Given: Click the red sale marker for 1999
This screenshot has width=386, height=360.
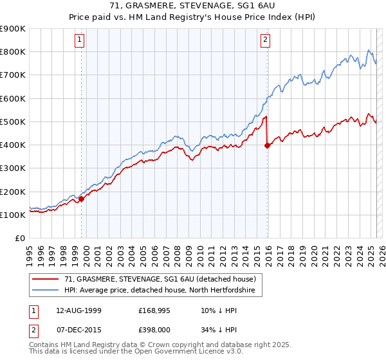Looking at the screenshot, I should tap(82, 199).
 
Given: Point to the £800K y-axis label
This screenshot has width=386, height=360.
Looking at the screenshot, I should tap(13, 52).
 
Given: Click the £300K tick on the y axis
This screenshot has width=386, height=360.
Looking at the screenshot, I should tap(13, 168).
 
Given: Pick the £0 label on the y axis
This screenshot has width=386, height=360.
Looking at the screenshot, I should tap(19, 239).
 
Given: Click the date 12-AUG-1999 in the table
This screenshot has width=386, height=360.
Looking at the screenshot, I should tap(74, 310).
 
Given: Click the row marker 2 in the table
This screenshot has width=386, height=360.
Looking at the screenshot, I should tap(32, 330).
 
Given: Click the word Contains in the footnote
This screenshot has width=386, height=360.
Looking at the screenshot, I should tap(44, 345).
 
